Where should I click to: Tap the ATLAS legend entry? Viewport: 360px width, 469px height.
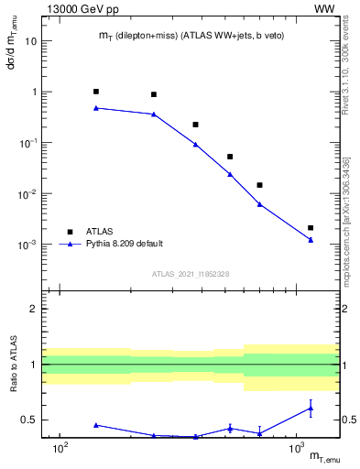pos(98,232)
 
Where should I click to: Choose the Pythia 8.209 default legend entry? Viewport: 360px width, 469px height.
pos(124,244)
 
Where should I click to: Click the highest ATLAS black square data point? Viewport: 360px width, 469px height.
pos(96,92)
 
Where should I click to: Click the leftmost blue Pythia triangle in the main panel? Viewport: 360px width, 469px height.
pos(96,108)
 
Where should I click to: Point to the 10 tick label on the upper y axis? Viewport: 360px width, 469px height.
pos(31,41)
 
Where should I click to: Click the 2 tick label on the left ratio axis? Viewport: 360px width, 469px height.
pos(34,309)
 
